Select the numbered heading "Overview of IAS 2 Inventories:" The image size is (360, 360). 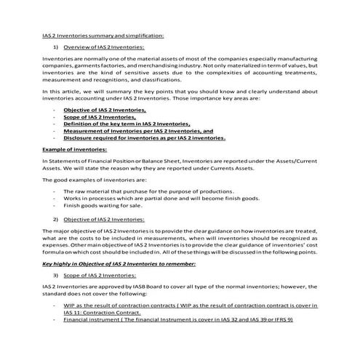click(103, 47)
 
